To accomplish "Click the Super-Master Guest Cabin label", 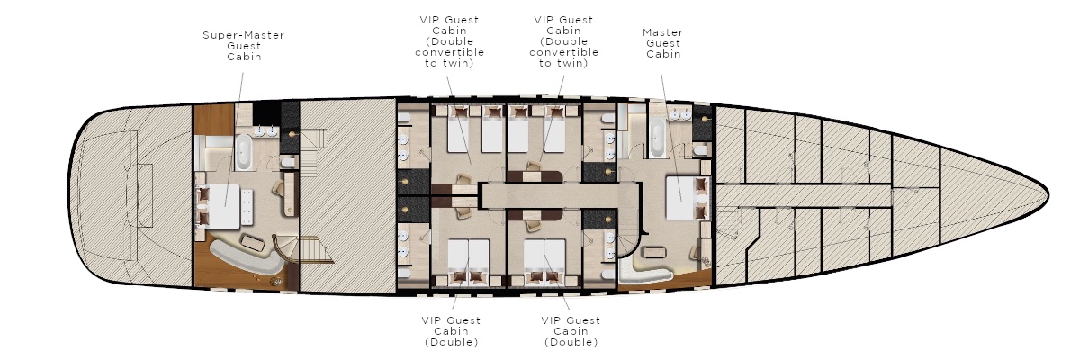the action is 244,46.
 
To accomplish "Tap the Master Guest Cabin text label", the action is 663,43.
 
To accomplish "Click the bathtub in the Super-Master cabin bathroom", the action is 244,152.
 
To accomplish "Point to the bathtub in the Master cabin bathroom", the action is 657,138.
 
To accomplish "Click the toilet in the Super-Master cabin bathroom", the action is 288,163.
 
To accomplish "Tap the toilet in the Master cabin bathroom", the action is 700,150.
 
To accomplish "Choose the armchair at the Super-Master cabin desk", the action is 279,188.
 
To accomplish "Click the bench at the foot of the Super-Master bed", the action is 247,206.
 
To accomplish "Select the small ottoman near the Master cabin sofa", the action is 655,252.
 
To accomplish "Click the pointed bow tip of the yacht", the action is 1048,194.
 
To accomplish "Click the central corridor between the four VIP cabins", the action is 559,195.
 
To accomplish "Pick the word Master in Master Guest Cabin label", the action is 663,32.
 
